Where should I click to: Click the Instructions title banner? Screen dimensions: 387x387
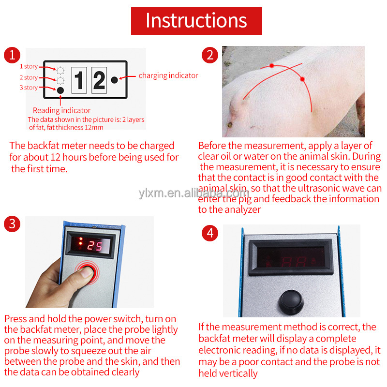pyautogui.click(x=196, y=21)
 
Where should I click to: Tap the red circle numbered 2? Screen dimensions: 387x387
pyautogui.click(x=209, y=55)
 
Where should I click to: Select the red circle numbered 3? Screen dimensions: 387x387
pyautogui.click(x=12, y=224)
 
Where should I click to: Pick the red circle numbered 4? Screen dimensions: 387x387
pyautogui.click(x=209, y=233)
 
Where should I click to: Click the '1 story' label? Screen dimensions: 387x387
pyautogui.click(x=29, y=67)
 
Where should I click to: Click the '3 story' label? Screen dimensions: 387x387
pyautogui.click(x=29, y=88)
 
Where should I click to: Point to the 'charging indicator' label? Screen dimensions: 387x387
pyautogui.click(x=168, y=75)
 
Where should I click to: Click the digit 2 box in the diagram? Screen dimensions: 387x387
pyautogui.click(x=99, y=80)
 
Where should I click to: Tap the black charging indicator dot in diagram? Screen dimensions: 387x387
pyautogui.click(x=115, y=80)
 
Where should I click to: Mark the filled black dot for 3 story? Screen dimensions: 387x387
pyautogui.click(x=60, y=90)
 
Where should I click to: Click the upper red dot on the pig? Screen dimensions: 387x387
pyautogui.click(x=272, y=65)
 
